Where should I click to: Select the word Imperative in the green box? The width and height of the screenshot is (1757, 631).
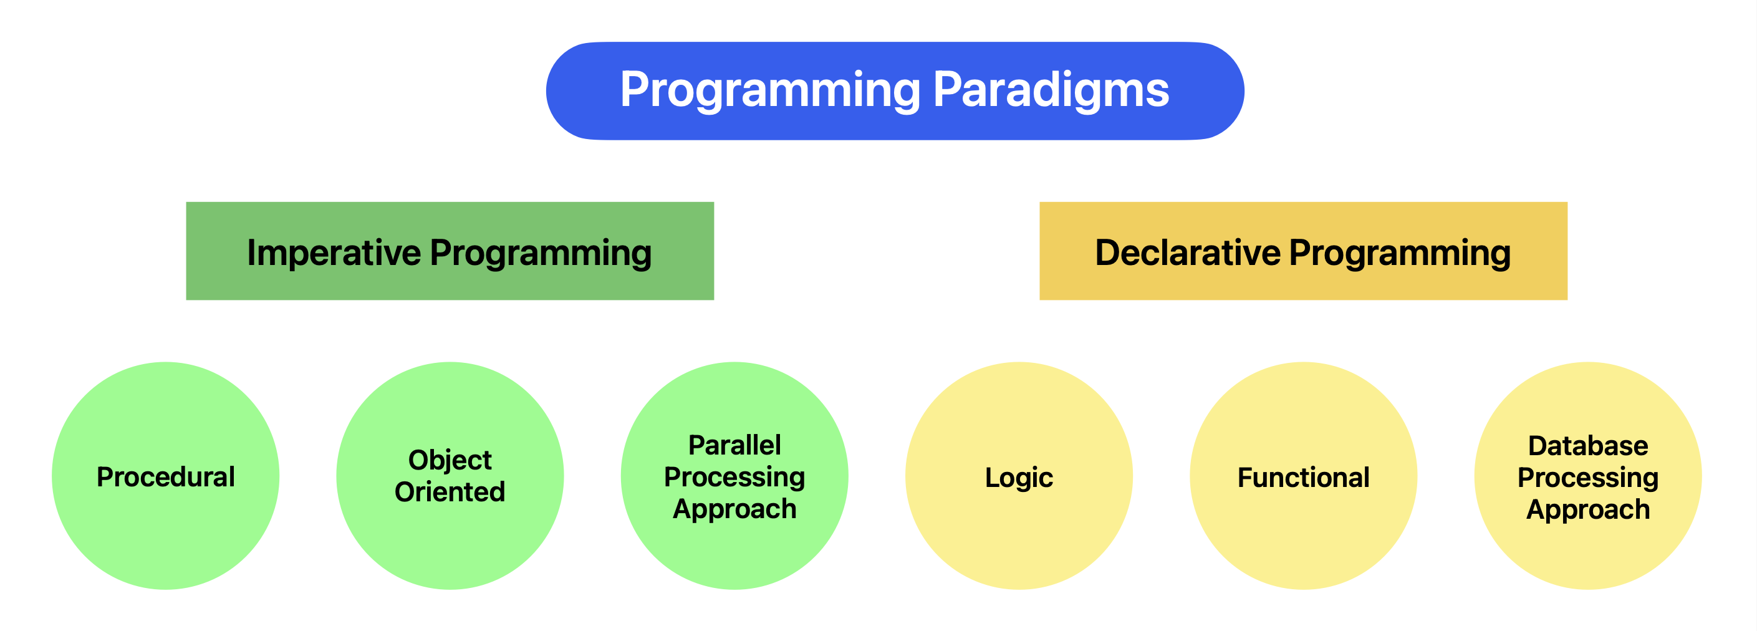(334, 253)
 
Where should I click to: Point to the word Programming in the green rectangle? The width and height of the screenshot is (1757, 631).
(540, 254)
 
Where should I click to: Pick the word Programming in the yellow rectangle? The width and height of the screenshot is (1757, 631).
(1400, 254)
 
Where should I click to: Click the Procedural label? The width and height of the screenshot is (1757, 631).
(166, 477)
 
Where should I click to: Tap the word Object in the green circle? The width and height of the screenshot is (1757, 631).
(450, 460)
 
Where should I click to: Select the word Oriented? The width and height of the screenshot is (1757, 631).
(450, 492)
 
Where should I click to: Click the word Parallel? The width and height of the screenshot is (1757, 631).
(734, 445)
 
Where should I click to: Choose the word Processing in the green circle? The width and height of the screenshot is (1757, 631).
(734, 478)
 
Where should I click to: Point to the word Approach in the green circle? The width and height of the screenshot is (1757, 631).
(734, 509)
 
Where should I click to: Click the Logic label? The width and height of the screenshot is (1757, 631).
(1018, 478)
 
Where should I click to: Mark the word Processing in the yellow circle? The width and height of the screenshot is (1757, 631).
(1588, 478)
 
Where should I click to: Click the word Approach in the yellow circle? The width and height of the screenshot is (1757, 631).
(1588, 510)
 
